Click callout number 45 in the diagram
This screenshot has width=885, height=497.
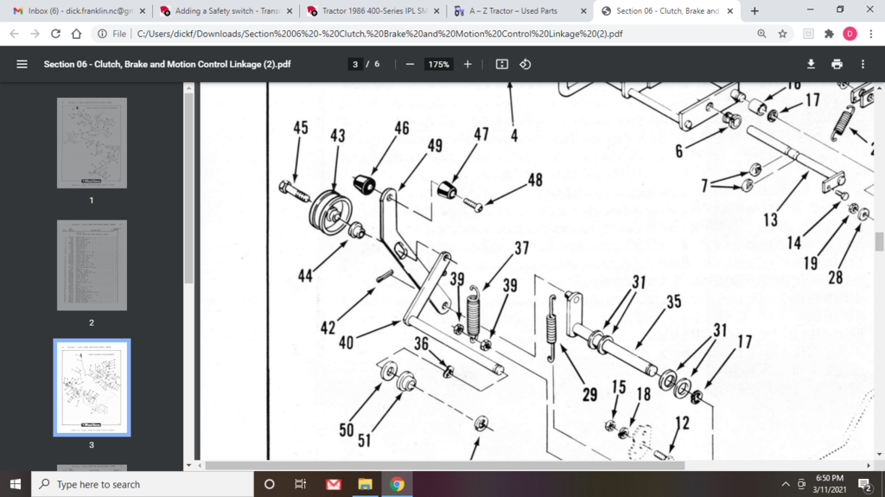coord(300,128)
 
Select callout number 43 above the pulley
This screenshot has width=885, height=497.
coord(337,136)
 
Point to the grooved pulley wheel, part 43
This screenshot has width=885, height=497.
coord(327,213)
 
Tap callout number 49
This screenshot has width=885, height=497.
coord(435,145)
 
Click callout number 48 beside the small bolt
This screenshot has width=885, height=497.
coord(535,180)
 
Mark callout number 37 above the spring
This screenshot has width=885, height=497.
coord(521,249)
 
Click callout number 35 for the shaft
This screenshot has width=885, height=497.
coord(673,301)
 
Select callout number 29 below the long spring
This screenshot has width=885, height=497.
coord(589,395)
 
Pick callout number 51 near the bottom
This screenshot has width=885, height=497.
coord(364,440)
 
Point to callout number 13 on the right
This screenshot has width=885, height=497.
coord(770,220)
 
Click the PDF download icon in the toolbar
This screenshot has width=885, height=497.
coord(811,64)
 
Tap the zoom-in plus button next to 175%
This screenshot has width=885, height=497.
coord(468,64)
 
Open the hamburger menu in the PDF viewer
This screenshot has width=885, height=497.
coord(22,64)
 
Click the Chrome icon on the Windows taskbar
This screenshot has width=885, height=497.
coord(397,484)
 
